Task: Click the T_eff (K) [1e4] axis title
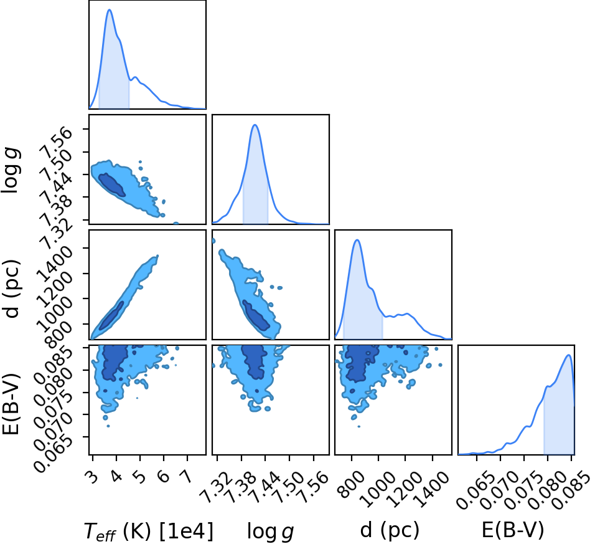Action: pos(148,531)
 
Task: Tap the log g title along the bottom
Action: pos(271,531)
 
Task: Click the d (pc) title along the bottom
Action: pos(390,530)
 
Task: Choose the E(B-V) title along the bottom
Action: pos(513,530)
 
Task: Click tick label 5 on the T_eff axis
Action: pos(141,476)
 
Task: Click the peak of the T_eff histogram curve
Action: pos(110,9)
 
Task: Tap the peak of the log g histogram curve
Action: pos(255,125)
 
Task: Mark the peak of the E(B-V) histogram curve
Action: pos(568,355)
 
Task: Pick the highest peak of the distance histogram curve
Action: pos(357,240)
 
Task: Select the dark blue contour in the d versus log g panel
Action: pos(256,315)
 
